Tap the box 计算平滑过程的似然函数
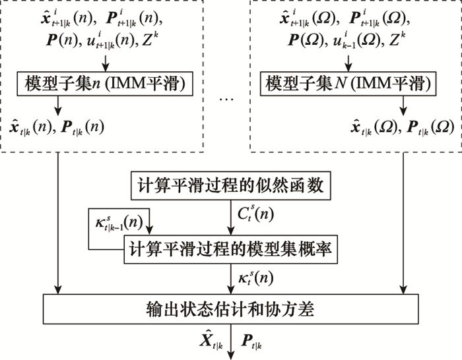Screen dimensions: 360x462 click(230, 185)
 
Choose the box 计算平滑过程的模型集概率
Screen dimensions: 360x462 click(230, 249)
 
